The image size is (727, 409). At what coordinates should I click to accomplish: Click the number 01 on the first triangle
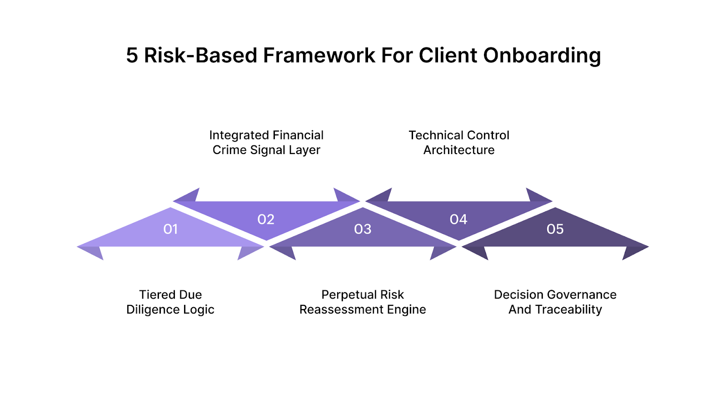[170, 229]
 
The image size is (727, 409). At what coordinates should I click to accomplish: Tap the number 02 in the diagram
[266, 219]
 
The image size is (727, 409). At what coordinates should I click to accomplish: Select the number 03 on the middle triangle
[363, 229]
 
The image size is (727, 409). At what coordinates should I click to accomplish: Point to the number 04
[458, 219]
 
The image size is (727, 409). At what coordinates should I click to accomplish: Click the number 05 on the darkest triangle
[555, 229]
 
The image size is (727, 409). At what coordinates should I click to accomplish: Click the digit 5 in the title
[132, 55]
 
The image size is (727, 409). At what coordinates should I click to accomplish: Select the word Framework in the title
[319, 55]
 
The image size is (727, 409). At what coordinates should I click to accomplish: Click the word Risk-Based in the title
[200, 55]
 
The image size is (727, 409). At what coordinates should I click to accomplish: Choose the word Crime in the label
[230, 150]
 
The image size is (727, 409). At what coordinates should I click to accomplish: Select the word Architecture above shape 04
[459, 150]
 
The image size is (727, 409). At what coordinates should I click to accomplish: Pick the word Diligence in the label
[153, 310]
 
